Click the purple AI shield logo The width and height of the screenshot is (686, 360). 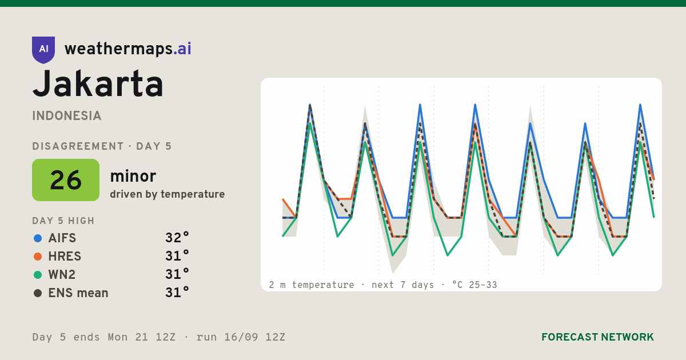pyautogui.click(x=43, y=50)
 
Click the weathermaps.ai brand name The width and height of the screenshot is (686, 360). pyautogui.click(x=127, y=49)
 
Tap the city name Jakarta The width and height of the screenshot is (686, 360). pyautogui.click(x=98, y=84)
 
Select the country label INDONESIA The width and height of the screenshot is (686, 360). pyautogui.click(x=67, y=116)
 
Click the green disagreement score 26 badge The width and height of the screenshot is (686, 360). pyautogui.click(x=66, y=180)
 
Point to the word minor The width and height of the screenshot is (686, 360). pyautogui.click(x=133, y=177)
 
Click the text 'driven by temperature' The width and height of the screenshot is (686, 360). pyautogui.click(x=167, y=194)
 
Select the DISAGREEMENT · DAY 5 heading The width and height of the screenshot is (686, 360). pyautogui.click(x=102, y=146)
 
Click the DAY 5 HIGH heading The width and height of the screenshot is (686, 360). pyautogui.click(x=63, y=221)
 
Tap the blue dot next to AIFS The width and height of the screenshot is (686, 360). pyautogui.click(x=38, y=238)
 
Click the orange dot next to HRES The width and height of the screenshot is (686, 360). pyautogui.click(x=38, y=257)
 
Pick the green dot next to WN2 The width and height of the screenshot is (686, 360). pyautogui.click(x=38, y=275)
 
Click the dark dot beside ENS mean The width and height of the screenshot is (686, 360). pyautogui.click(x=38, y=293)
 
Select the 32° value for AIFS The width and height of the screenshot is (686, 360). pyautogui.click(x=177, y=238)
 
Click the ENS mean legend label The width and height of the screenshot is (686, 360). pyautogui.click(x=78, y=293)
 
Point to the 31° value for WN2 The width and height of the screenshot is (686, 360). pyautogui.click(x=177, y=274)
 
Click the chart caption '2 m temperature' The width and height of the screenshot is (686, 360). pyautogui.click(x=312, y=285)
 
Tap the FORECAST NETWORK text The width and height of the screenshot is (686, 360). pyautogui.click(x=597, y=337)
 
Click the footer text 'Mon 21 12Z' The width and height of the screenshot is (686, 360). pyautogui.click(x=142, y=337)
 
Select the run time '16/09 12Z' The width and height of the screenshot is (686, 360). pyautogui.click(x=255, y=337)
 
